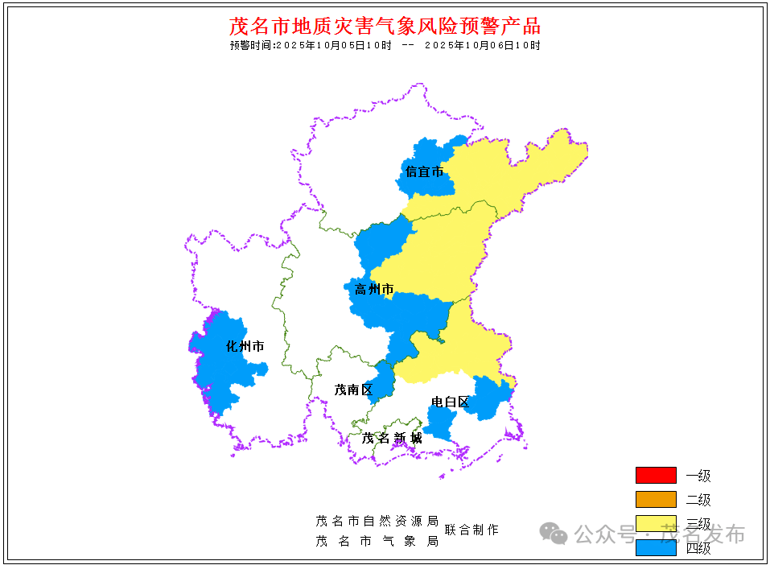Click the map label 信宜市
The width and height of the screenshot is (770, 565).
pos(424,171)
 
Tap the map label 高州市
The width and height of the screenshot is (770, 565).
pos(374,289)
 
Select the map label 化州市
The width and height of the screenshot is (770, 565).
pos(245,347)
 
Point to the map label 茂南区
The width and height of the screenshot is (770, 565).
pos(354,390)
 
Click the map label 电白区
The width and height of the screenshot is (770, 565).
pos(450,402)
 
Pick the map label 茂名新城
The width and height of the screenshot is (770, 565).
pos(392,438)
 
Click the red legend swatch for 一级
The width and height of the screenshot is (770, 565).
pos(656,475)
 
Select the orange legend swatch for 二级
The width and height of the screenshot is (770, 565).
pos(656,499)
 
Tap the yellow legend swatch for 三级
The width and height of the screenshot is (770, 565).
pos(656,523)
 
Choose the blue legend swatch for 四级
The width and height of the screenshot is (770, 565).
pos(656,547)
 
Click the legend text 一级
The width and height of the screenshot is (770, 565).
pos(698,476)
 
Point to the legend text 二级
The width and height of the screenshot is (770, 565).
pos(698,500)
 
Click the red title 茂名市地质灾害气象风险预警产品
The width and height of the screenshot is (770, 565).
pos(385,26)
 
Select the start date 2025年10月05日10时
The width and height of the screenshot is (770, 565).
pos(333,45)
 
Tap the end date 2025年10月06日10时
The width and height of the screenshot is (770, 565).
pos(482,45)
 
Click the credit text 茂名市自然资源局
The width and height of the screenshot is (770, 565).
pos(377,521)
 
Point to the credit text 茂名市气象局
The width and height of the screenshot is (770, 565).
pos(377,541)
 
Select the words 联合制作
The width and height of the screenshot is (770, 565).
pos(471,530)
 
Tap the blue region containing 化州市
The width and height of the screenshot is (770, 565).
pos(221,370)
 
